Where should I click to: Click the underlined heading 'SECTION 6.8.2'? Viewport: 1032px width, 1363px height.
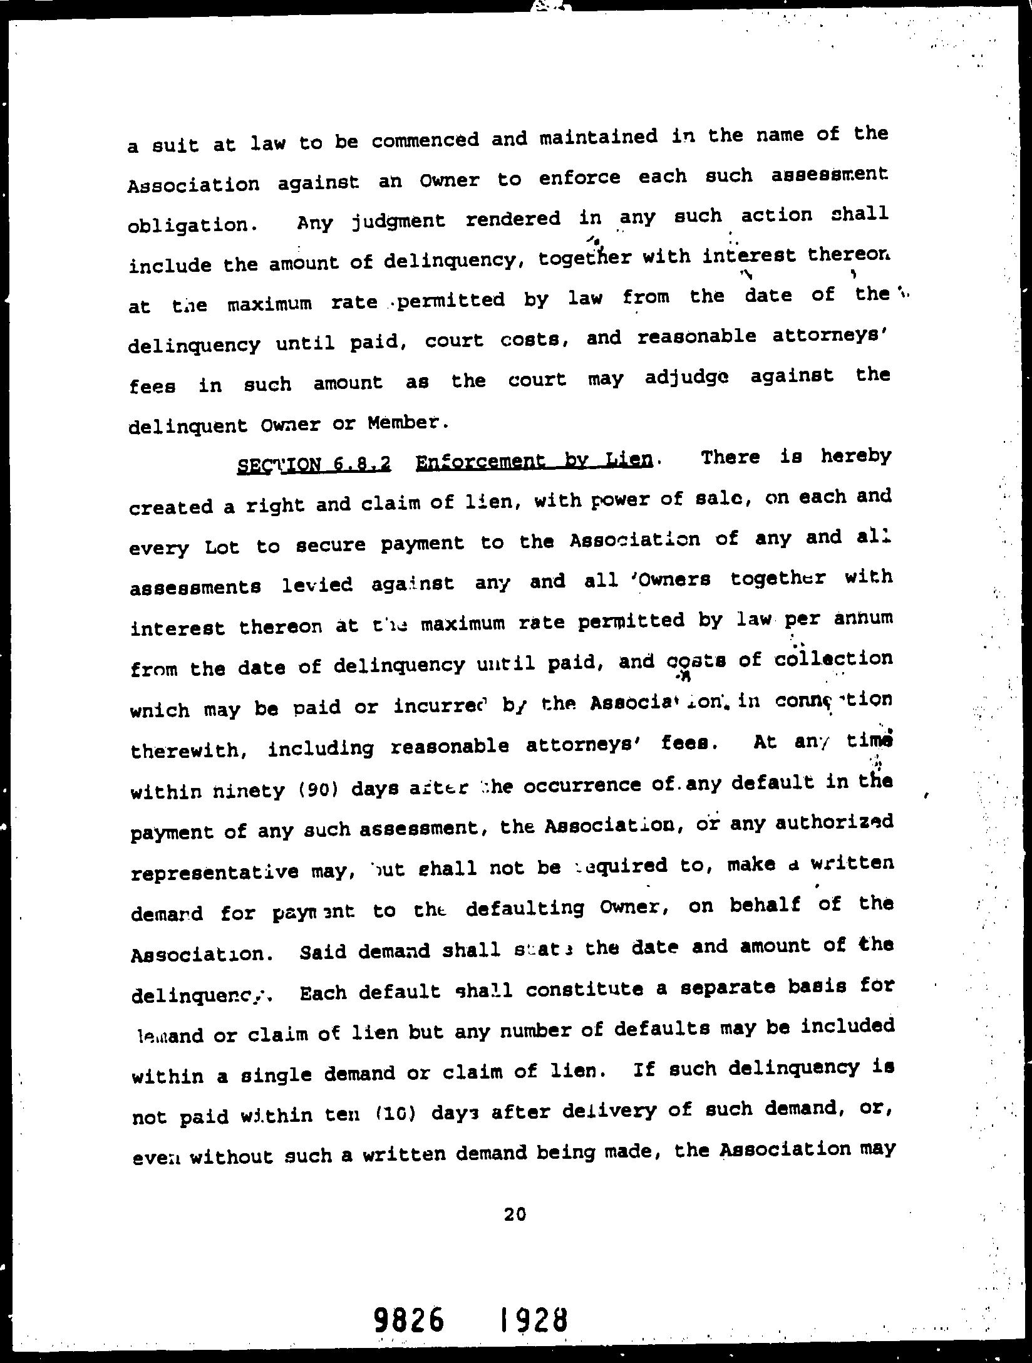[314, 464]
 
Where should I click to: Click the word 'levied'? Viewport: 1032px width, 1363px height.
[317, 585]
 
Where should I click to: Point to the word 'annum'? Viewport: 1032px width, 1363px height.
[863, 618]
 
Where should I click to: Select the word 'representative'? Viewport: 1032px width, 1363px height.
[214, 873]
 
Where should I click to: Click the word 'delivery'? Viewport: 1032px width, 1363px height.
[610, 1111]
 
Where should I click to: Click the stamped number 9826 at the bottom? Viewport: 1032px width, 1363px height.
[410, 1320]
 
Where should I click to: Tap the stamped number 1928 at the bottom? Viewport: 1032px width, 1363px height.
[534, 1320]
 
